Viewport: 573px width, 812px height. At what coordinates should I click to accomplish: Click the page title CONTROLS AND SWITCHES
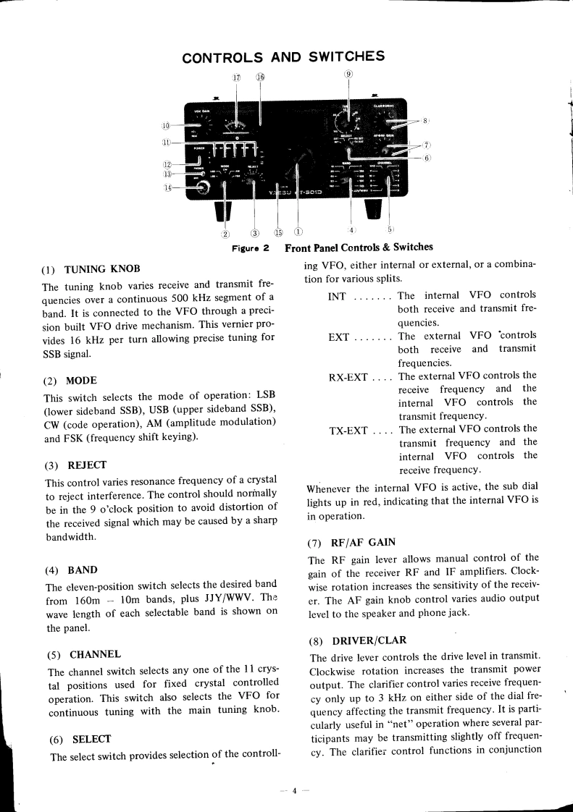[283, 56]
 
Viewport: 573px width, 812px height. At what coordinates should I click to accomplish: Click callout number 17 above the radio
[236, 77]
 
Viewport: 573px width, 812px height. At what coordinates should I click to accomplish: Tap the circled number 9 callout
[348, 74]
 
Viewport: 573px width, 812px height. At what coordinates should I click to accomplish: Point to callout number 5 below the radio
[390, 230]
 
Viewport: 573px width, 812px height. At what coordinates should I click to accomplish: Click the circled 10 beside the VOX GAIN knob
[167, 126]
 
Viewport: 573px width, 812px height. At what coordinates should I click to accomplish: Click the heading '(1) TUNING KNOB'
[91, 268]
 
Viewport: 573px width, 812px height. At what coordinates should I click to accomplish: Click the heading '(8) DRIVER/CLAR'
[358, 640]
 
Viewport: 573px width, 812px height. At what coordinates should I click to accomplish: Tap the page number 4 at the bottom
[296, 790]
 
